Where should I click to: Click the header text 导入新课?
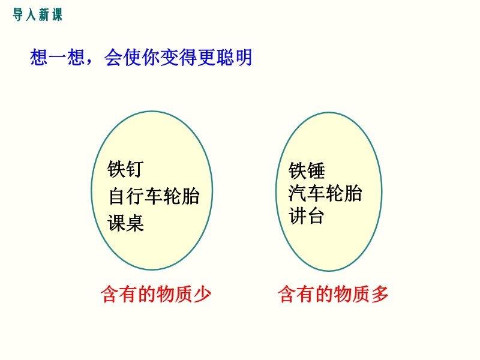point(37,14)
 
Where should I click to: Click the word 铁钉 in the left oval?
point(125,169)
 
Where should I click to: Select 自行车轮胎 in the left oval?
point(154,196)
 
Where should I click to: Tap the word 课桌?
point(125,223)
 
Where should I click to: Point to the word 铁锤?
point(307,170)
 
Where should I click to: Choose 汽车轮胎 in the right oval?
point(325,193)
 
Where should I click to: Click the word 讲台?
point(306,216)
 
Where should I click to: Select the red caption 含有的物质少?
point(156,294)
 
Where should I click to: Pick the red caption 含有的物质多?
point(333,294)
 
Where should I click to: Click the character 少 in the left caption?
point(202,294)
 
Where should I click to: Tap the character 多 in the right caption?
point(380,294)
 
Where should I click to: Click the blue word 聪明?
point(234,57)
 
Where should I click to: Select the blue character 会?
point(113,57)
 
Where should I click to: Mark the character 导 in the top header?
point(18,14)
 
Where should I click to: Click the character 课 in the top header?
point(57,14)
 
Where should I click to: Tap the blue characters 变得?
point(178,57)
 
